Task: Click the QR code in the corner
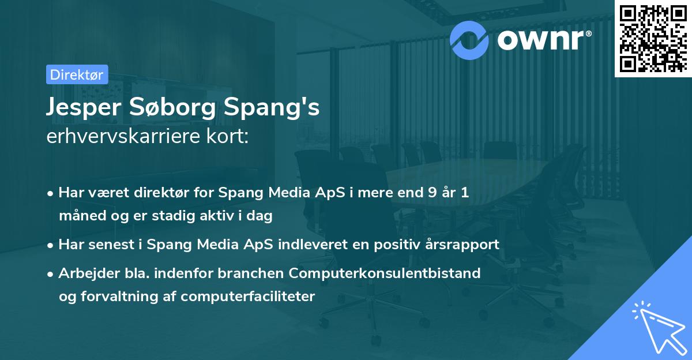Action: (x=653, y=37)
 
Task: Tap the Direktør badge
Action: (x=77, y=74)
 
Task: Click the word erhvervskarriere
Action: (x=118, y=137)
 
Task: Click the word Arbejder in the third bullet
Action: (x=84, y=273)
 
